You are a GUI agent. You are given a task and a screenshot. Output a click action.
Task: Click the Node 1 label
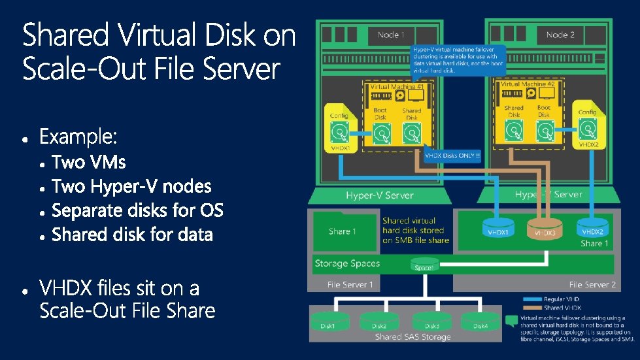[x=391, y=35]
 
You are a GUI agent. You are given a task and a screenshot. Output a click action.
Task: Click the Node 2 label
[x=560, y=35]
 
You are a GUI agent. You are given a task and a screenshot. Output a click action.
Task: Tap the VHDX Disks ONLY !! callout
[x=452, y=155]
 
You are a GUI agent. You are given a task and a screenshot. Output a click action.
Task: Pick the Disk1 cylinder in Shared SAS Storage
[x=328, y=323]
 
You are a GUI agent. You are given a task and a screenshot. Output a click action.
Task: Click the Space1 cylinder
[x=424, y=265]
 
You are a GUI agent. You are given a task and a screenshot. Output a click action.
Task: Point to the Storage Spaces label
[x=347, y=263]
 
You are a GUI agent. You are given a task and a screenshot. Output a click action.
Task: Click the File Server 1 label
[x=350, y=285]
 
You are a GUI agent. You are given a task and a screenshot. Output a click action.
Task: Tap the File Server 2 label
[x=592, y=285]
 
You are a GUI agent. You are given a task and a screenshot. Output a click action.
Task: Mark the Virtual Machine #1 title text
[x=397, y=87]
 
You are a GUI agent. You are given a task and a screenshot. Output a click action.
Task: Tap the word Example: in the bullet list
[x=78, y=138]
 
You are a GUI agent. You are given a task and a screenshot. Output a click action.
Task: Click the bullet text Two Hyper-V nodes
[x=131, y=187]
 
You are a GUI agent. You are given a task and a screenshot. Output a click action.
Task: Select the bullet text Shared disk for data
[x=132, y=235]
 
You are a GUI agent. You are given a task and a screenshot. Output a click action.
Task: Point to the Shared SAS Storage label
[x=413, y=337]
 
